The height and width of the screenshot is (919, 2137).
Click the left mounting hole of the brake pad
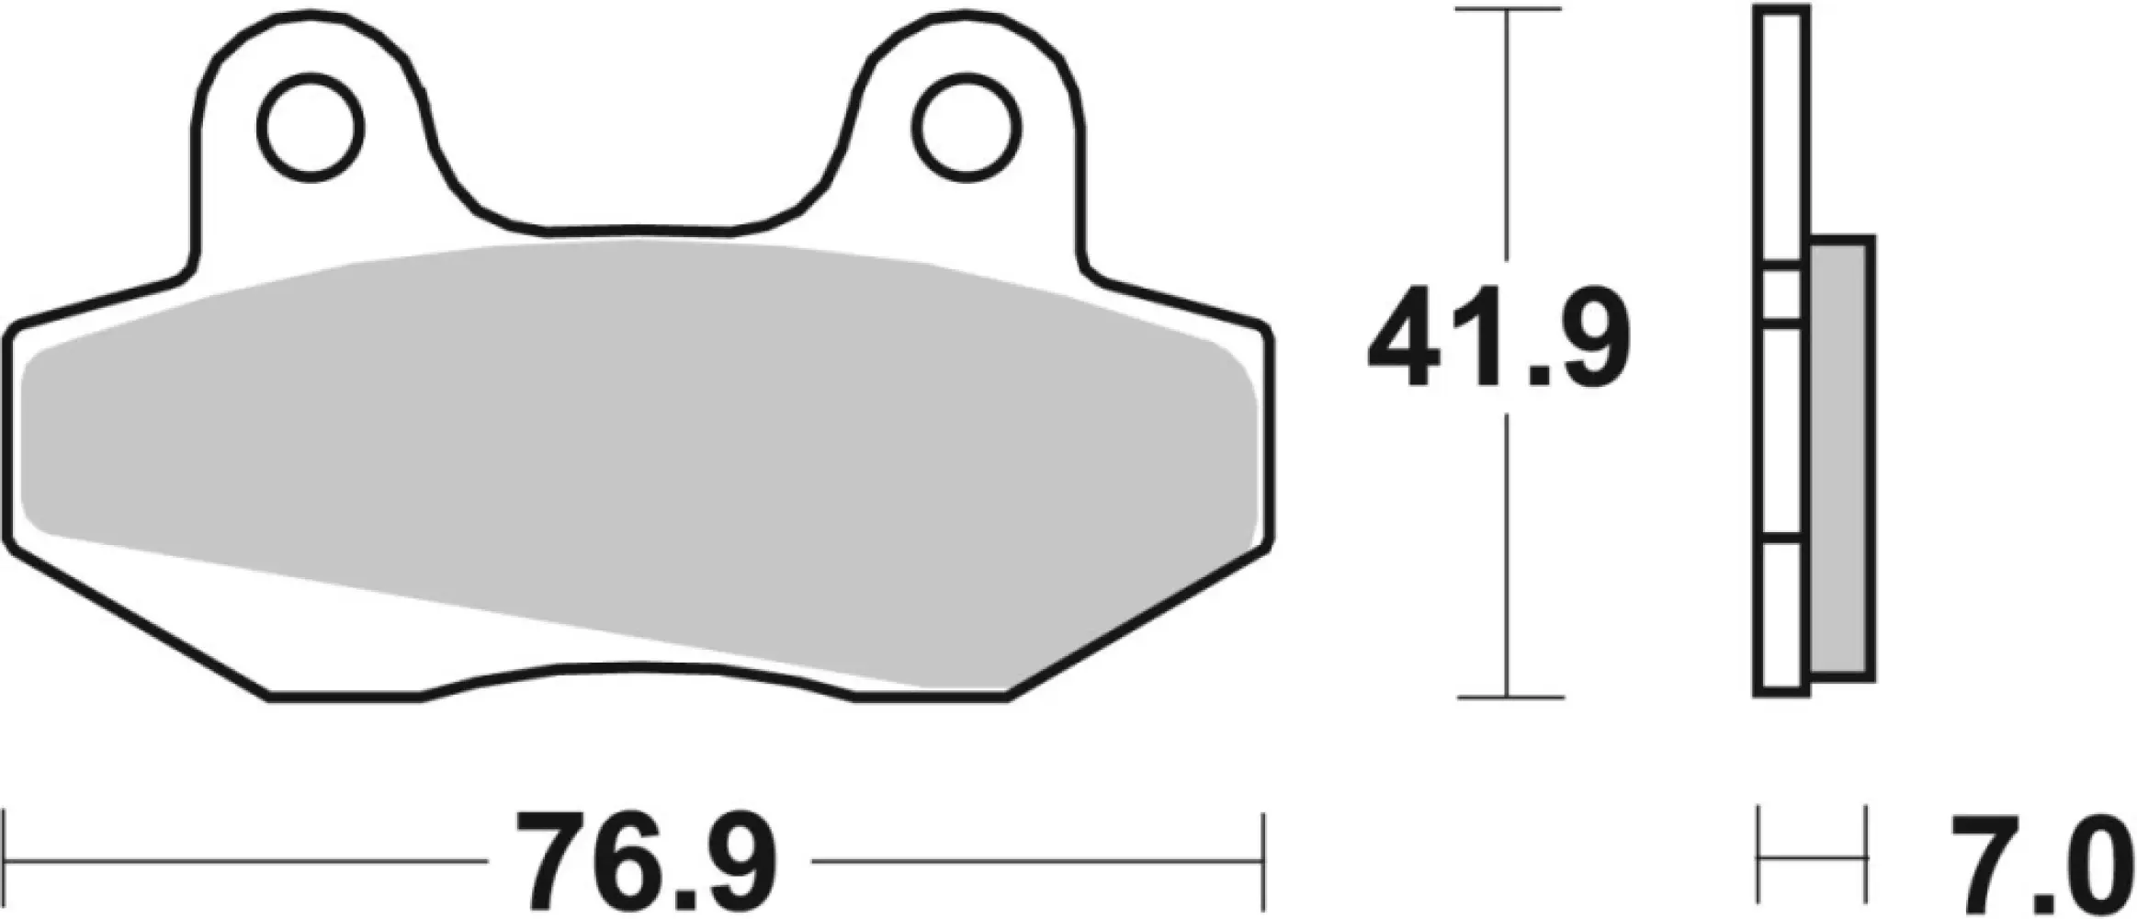311,128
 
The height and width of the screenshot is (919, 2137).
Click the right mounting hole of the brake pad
967,128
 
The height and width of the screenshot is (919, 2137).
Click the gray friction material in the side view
1841,459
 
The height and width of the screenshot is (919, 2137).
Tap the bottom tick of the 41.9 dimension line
1508,698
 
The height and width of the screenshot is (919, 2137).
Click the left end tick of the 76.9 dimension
7,862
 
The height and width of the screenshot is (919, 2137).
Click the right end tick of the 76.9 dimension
1264,862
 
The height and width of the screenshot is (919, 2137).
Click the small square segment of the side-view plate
1781,295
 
